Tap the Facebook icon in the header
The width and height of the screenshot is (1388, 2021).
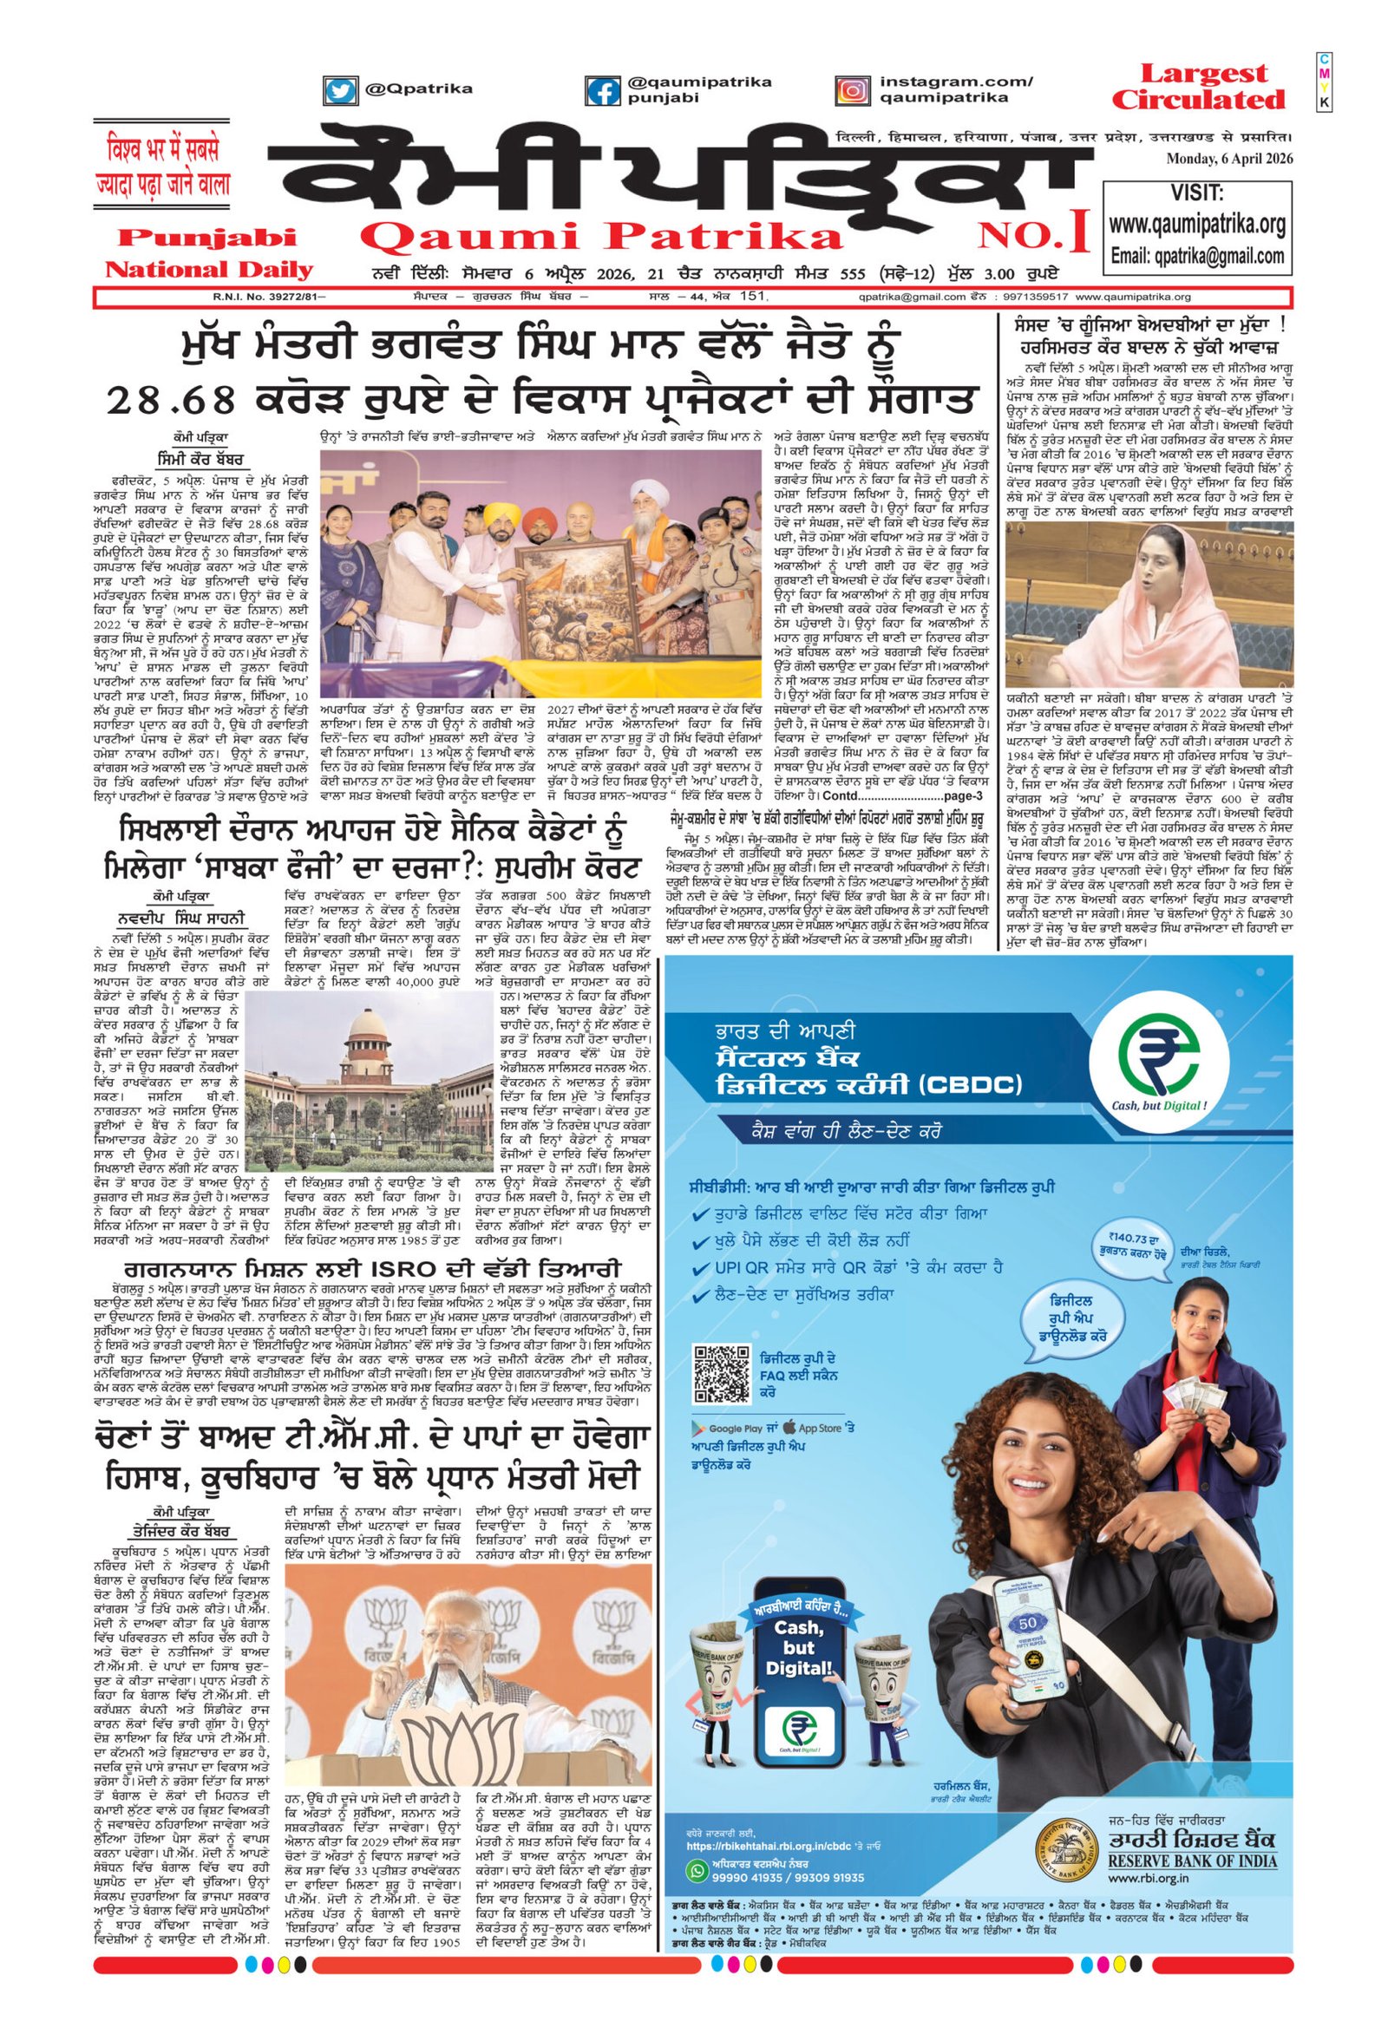click(x=602, y=92)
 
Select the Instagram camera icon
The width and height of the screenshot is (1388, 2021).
click(x=852, y=91)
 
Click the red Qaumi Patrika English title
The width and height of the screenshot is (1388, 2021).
click(x=602, y=238)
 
